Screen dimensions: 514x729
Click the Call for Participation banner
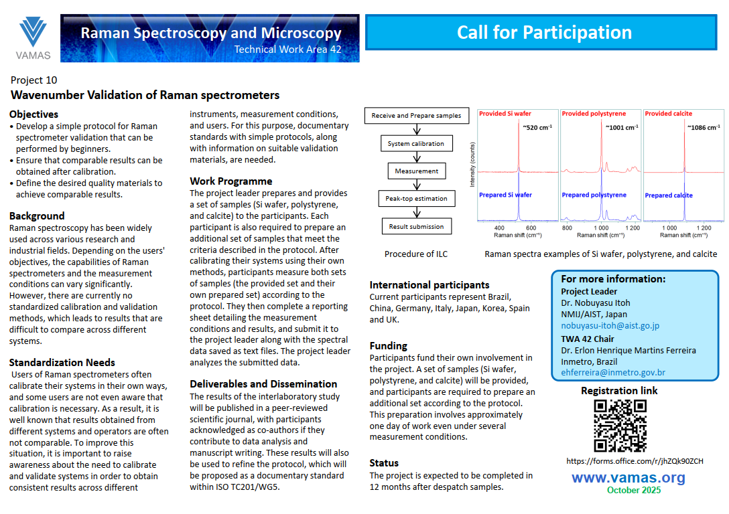pos(544,32)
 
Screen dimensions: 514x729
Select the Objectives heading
pos(34,114)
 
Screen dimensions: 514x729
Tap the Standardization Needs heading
pos(62,363)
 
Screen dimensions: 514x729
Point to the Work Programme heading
pos(231,181)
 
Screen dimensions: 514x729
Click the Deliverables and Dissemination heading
pos(263,384)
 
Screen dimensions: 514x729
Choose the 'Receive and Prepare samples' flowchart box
pos(416,116)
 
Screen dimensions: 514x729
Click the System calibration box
pos(415,144)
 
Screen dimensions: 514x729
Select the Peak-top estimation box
pos(416,199)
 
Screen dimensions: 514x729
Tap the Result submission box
pos(416,227)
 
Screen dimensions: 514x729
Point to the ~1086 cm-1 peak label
pos(702,127)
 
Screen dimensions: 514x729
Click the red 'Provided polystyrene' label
pos(594,114)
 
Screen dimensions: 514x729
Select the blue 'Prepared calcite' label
pos(669,195)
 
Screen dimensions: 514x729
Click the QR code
pos(620,426)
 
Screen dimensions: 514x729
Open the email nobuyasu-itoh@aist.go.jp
pos(610,326)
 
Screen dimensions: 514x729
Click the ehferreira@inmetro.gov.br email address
pos(613,373)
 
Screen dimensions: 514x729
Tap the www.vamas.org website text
pos(628,477)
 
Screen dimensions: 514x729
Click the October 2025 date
pos(634,491)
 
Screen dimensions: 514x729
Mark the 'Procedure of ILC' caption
pos(416,254)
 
